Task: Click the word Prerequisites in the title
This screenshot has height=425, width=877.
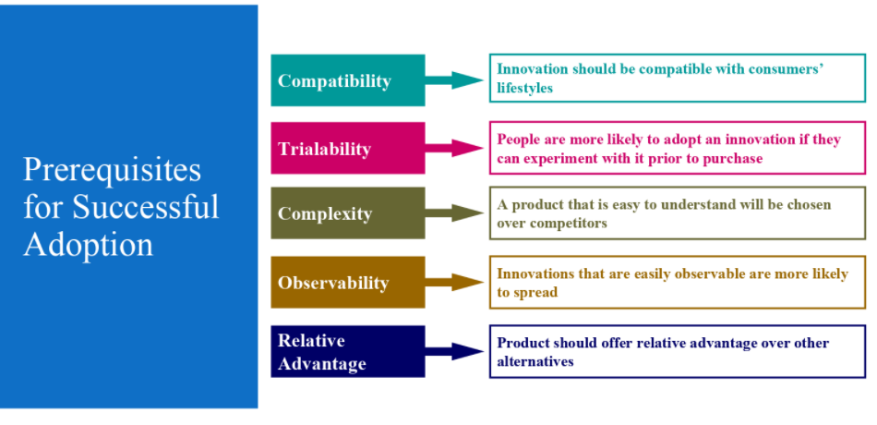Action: click(112, 170)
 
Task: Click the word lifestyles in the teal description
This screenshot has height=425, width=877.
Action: click(525, 89)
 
